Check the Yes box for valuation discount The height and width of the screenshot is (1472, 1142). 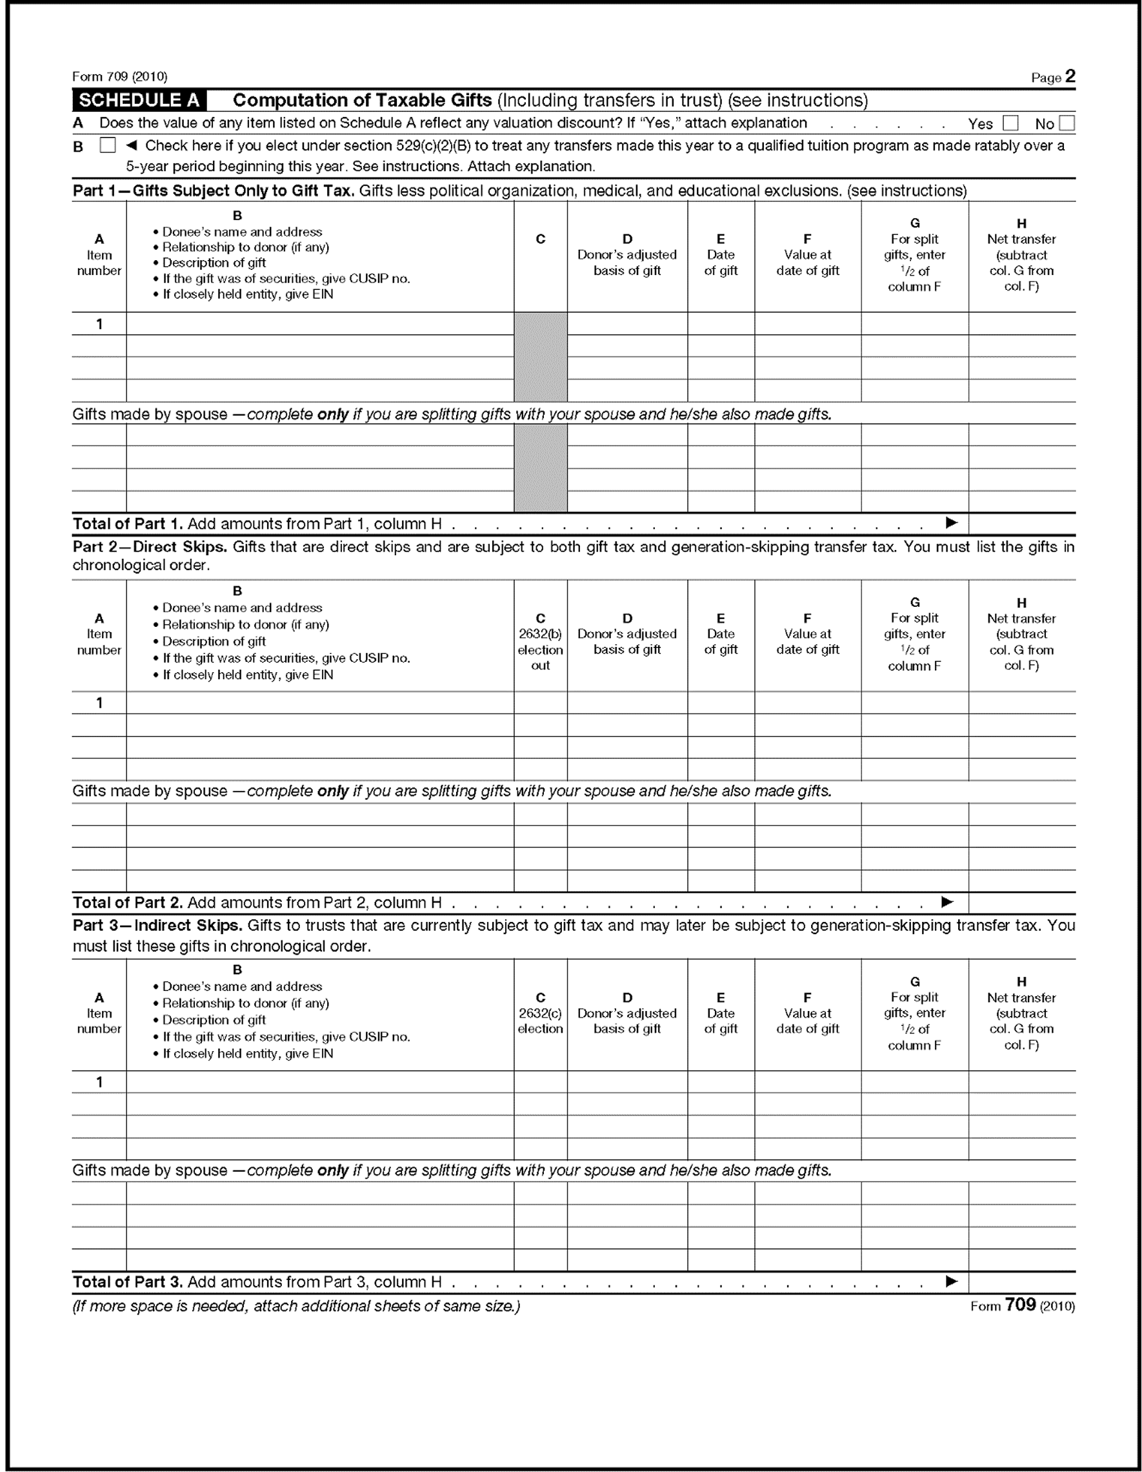click(1010, 123)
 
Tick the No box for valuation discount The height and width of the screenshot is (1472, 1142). click(1066, 123)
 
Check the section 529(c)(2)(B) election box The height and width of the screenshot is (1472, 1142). click(107, 145)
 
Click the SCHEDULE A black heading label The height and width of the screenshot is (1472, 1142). click(139, 101)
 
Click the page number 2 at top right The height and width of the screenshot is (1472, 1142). click(1070, 76)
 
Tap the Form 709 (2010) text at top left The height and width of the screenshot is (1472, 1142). click(120, 76)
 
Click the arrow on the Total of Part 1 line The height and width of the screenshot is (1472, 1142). click(951, 522)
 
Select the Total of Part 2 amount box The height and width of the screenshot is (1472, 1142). click(1021, 903)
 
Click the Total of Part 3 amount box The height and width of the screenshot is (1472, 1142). click(1021, 1282)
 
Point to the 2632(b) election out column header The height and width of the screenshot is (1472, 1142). click(539, 642)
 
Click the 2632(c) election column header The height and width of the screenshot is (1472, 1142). click(539, 1013)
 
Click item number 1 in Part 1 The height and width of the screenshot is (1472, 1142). click(99, 324)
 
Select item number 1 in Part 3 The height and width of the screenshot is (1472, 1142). click(99, 1082)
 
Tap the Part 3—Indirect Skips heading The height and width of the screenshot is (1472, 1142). click(157, 925)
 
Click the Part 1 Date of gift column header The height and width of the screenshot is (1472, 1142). click(720, 255)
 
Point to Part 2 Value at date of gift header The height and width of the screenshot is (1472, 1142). click(807, 633)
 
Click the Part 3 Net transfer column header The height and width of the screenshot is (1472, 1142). click(1021, 1013)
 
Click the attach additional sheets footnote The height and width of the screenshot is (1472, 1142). click(296, 1305)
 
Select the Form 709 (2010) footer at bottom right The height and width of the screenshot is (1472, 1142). click(1022, 1305)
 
